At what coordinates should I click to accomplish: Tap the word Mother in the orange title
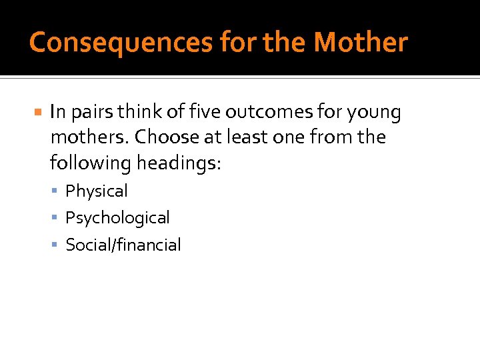click(x=360, y=43)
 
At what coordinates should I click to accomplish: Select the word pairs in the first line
click(x=92, y=113)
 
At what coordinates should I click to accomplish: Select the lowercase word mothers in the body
click(x=89, y=137)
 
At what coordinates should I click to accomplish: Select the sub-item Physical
click(x=96, y=191)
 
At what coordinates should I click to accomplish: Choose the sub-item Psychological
click(x=117, y=218)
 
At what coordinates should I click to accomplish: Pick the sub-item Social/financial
click(x=123, y=245)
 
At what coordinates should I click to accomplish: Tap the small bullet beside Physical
click(x=57, y=191)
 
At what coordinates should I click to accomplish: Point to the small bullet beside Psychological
click(x=57, y=218)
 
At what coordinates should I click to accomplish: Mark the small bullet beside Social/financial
click(x=57, y=245)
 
